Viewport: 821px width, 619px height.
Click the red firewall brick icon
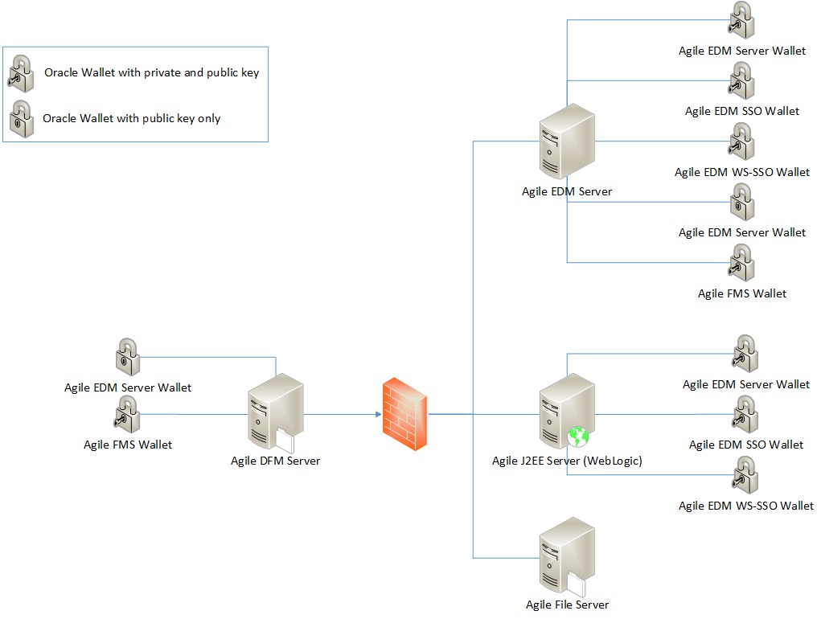click(x=405, y=415)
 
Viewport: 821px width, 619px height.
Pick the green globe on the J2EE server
click(x=578, y=437)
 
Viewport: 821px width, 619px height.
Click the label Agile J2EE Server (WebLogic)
click(x=567, y=461)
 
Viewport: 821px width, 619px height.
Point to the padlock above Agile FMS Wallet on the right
click(x=741, y=263)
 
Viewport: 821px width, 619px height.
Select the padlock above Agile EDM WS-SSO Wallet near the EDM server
click(x=741, y=141)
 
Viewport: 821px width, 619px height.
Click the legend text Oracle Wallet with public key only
click(x=131, y=118)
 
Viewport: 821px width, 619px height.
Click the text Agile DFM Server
click(x=275, y=461)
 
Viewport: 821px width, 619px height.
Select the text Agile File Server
click(x=567, y=604)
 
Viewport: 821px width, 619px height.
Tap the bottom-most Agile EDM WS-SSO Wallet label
click(x=745, y=506)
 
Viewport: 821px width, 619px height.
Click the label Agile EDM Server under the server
click(x=566, y=191)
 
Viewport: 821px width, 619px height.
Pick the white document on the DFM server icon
click(x=286, y=440)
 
